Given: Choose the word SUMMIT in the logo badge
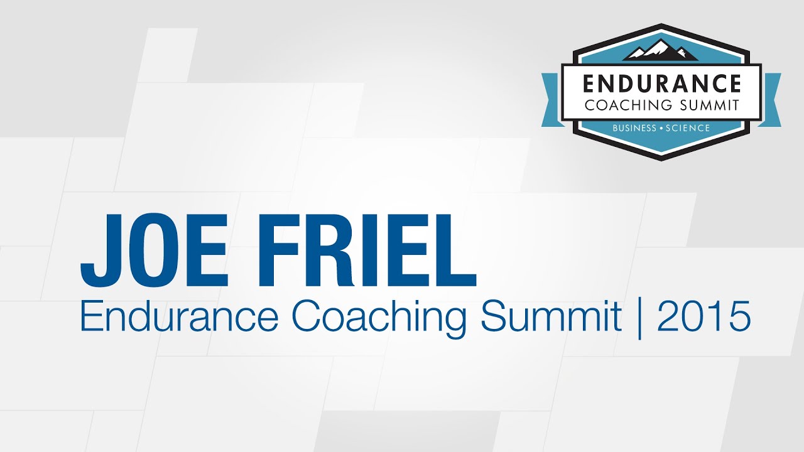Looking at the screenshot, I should [x=710, y=104].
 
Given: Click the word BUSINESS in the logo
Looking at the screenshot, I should [x=634, y=128].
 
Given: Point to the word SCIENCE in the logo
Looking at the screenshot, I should [x=687, y=128].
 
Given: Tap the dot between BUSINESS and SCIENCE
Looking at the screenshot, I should [x=660, y=128].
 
